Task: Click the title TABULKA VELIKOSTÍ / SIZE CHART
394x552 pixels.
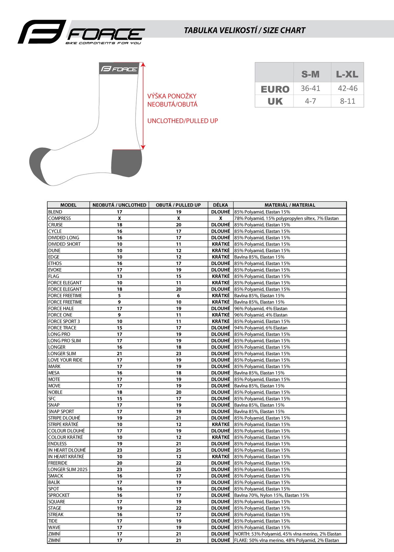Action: tap(245, 31)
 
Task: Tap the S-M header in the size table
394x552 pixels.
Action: tap(310, 74)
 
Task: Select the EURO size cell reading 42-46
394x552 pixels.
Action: tap(347, 88)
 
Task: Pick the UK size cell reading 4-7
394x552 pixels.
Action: tap(310, 101)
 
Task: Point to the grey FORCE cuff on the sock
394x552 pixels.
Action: tap(119, 69)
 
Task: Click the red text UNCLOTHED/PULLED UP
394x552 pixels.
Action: tap(183, 121)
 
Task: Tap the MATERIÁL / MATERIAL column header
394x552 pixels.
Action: tap(290, 205)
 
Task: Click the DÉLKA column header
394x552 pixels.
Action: tap(220, 205)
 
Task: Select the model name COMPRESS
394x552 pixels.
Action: tap(59, 218)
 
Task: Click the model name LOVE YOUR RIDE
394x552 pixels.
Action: tap(65, 360)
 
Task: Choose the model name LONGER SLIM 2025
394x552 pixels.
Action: tap(68, 469)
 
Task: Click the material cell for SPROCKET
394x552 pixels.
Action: tap(272, 495)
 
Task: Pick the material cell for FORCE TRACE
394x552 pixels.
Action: tap(261, 328)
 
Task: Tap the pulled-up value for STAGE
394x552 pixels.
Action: tap(178, 508)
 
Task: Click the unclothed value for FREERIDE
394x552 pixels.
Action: tap(119, 463)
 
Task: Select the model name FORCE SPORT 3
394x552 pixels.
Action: tap(64, 321)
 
